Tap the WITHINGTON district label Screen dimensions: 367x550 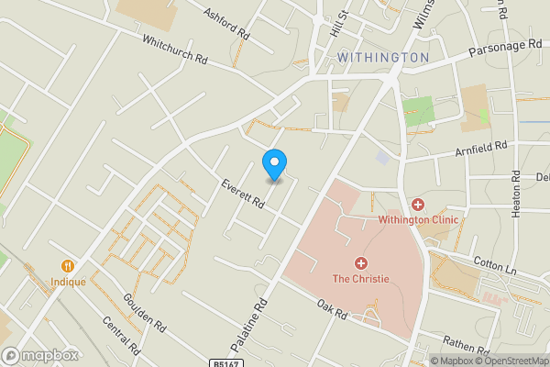(x=383, y=57)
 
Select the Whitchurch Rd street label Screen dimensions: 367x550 (x=174, y=50)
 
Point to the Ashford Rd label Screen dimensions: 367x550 (x=227, y=24)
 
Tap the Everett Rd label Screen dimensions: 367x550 (x=243, y=195)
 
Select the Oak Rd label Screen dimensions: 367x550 (x=331, y=310)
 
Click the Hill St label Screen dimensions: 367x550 (x=343, y=20)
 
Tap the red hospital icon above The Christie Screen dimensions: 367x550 (x=361, y=263)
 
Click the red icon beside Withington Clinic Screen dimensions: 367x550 (x=418, y=204)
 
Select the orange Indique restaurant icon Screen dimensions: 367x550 (x=68, y=266)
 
